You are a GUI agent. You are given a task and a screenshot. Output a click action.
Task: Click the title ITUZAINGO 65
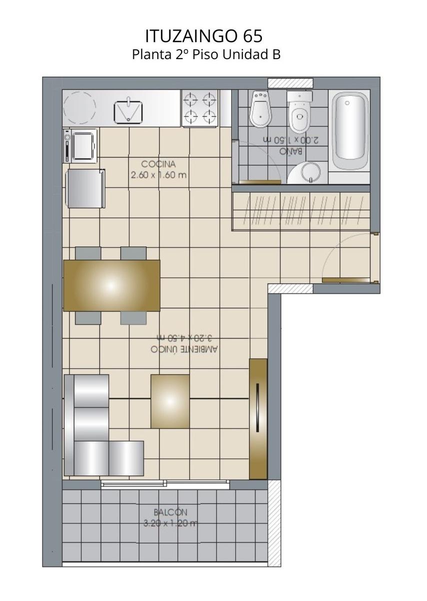click(204, 36)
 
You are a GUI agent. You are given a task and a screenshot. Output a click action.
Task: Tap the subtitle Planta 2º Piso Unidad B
click(206, 55)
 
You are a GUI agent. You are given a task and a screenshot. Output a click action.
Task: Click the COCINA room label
click(158, 164)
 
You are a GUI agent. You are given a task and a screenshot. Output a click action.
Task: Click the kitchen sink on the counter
click(128, 111)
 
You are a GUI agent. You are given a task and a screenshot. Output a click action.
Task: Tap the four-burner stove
click(200, 108)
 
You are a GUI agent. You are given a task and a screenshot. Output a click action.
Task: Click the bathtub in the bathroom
click(349, 132)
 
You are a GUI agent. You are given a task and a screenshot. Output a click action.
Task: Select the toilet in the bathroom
click(300, 111)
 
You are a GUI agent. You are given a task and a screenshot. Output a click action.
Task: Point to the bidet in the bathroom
click(260, 109)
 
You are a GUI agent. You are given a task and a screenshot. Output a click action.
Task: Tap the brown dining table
click(111, 285)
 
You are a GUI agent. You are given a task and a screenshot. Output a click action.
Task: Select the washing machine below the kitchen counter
click(80, 146)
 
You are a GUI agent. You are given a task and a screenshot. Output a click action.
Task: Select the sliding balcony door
click(165, 484)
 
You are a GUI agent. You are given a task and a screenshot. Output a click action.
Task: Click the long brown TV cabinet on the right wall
click(258, 419)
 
